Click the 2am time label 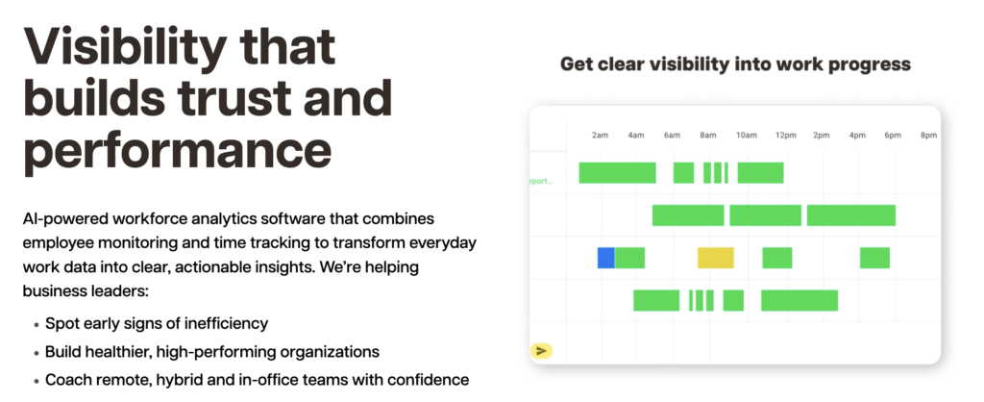[x=600, y=135]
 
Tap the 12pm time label [x=785, y=135]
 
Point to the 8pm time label [x=929, y=135]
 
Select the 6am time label [x=672, y=135]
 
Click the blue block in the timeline [x=605, y=258]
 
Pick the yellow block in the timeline [x=715, y=258]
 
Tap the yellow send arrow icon [x=542, y=351]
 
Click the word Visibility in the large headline [x=125, y=49]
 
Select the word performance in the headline [x=177, y=151]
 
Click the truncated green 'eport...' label [x=541, y=181]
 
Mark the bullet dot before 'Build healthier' [x=37, y=352]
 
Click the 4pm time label [x=857, y=135]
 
